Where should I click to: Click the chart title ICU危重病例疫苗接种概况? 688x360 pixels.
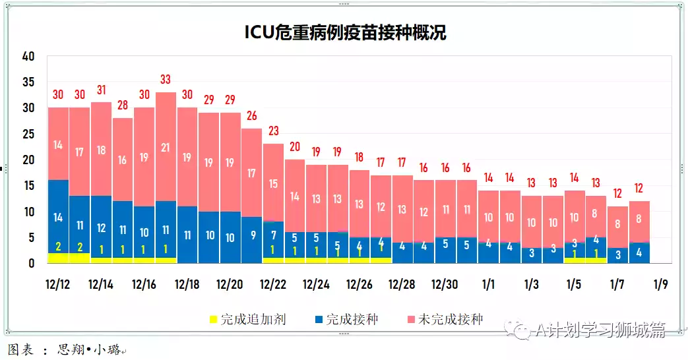tap(345, 32)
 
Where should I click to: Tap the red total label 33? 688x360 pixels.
tap(166, 80)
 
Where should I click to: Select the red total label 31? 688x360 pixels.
tap(101, 90)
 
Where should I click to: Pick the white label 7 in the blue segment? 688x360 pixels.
tap(273, 235)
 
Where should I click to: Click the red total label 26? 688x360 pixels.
tap(251, 116)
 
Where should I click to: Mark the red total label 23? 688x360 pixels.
tap(273, 131)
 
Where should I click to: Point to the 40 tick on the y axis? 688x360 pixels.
tap(28, 57)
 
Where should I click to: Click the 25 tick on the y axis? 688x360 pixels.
tap(28, 135)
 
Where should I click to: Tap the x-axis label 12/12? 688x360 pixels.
tap(58, 285)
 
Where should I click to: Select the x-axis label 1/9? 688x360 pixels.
tap(660, 285)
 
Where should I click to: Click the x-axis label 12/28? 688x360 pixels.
tap(402, 285)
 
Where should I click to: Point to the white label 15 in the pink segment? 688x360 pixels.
tap(273, 184)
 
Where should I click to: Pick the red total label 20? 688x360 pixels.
tap(294, 146)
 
